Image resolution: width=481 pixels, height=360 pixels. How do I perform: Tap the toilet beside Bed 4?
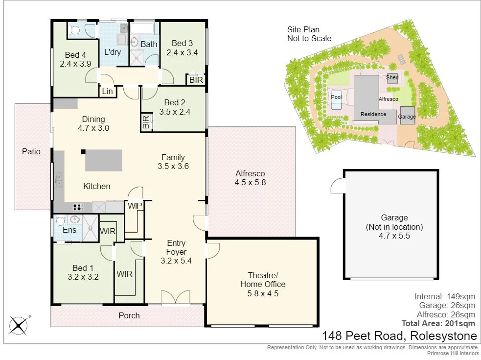[75, 30]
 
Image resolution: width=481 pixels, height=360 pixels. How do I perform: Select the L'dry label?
[113, 52]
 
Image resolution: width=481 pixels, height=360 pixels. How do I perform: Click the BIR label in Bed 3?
[196, 80]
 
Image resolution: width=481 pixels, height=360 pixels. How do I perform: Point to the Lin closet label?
[108, 91]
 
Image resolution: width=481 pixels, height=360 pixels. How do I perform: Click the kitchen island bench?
[103, 161]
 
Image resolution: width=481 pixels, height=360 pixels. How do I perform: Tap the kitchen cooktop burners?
[79, 207]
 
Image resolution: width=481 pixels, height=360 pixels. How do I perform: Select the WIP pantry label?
[135, 206]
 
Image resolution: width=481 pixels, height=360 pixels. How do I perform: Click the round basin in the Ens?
[75, 220]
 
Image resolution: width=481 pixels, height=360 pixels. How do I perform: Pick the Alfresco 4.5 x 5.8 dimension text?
[250, 183]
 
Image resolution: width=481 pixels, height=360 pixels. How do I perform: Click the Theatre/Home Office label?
[263, 279]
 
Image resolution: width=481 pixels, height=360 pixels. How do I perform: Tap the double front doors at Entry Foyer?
[175, 298]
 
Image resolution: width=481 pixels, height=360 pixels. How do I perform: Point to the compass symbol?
[19, 325]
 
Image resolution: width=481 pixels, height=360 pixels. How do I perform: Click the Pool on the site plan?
[336, 96]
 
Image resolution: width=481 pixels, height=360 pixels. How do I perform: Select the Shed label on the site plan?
[392, 77]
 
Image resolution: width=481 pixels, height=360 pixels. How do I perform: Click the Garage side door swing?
[337, 186]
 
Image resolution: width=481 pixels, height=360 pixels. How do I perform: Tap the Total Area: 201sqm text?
[438, 323]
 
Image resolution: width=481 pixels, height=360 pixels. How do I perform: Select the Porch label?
[129, 315]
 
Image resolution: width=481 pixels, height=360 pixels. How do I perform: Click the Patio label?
[31, 151]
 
